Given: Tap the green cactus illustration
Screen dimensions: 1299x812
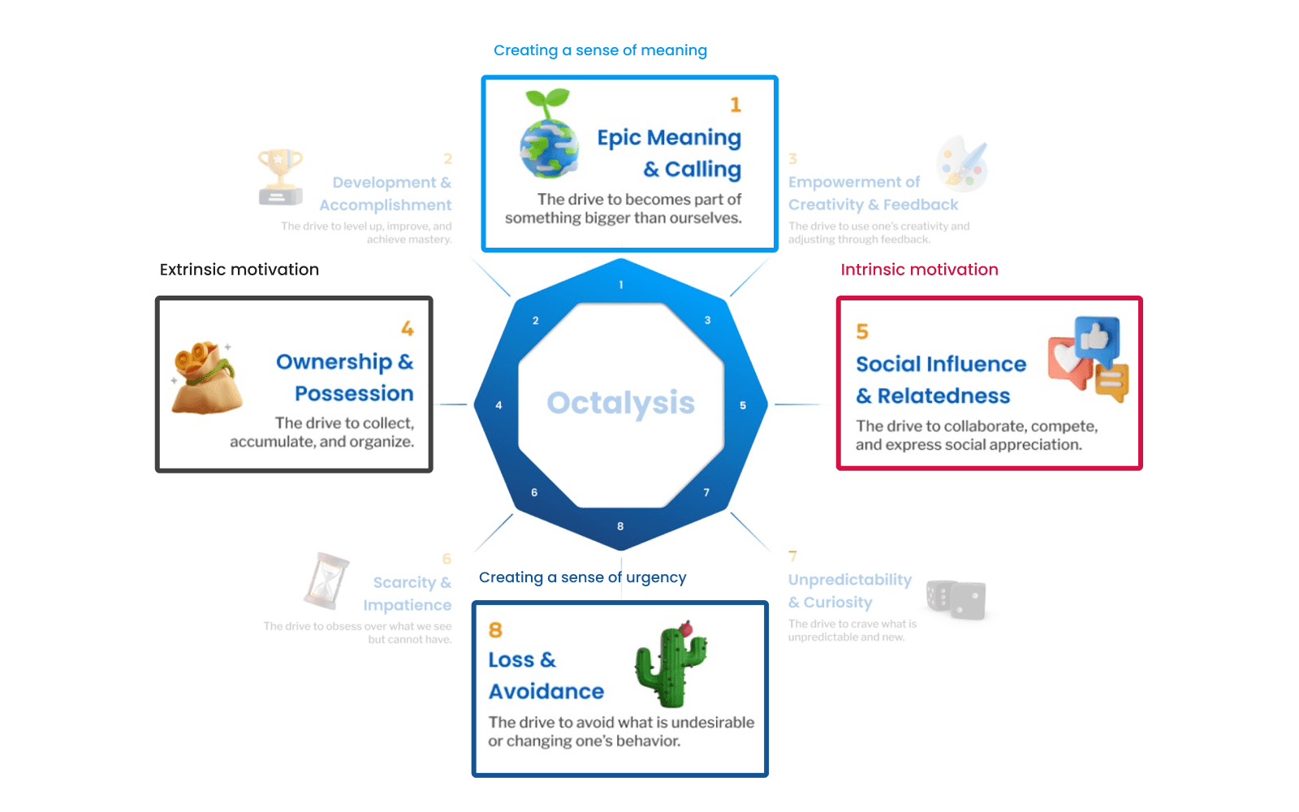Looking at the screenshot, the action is (671, 664).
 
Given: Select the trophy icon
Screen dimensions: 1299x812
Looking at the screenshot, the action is (280, 176).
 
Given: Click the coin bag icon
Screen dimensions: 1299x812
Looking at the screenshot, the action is (205, 378).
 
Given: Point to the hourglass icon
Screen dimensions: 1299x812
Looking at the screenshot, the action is (326, 581).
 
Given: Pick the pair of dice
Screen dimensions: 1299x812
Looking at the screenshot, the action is (956, 600).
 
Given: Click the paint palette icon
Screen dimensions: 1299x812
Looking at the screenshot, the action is (962, 163).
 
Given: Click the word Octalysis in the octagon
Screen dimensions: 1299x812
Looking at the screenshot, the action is (620, 403).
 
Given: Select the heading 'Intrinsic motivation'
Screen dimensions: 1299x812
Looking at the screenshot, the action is (919, 270).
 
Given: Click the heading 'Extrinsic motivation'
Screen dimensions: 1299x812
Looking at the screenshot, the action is (240, 270).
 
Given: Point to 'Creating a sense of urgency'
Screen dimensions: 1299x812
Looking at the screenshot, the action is (582, 577).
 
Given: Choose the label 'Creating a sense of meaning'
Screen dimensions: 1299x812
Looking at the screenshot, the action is (600, 50).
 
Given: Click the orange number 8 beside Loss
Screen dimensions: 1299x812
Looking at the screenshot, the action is (495, 630).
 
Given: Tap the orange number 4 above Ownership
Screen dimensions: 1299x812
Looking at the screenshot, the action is (408, 329).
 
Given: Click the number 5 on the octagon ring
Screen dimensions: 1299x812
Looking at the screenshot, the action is (743, 405).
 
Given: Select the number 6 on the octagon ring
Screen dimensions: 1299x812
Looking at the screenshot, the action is (534, 492).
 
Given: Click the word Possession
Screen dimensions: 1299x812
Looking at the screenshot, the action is (354, 394).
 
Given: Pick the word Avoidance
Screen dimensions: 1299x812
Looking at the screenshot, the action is (546, 692).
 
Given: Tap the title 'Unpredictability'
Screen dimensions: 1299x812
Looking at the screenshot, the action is (850, 580).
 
